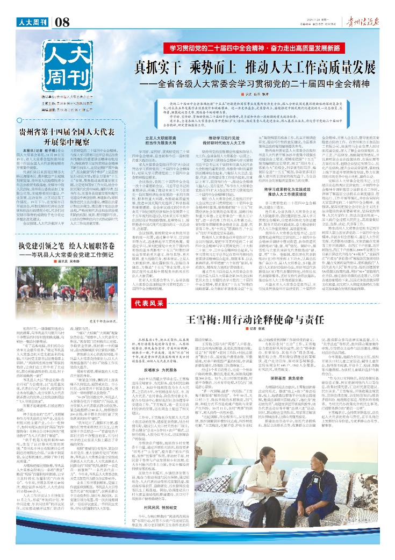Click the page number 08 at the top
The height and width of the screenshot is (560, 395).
pos(62,22)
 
